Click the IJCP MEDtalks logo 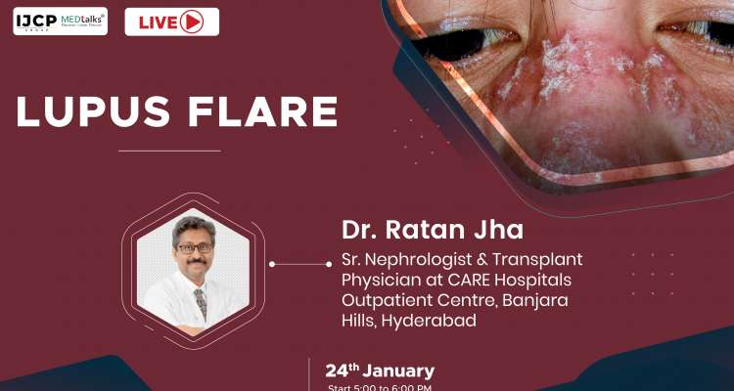(60, 21)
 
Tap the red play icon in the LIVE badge (192, 22)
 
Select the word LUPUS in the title (91, 112)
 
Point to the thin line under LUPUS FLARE (169, 151)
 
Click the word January (398, 372)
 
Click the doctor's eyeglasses (195, 248)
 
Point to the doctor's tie (201, 302)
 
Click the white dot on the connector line (272, 264)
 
